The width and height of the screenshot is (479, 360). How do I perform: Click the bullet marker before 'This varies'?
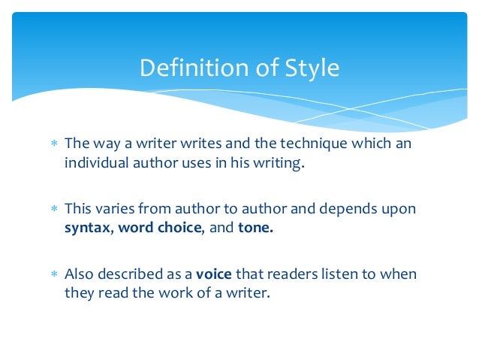(52, 209)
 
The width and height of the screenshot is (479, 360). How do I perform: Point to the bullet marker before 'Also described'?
(52, 274)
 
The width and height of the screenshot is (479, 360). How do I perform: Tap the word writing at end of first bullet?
(279, 163)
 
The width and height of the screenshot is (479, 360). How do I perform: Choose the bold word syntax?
(88, 228)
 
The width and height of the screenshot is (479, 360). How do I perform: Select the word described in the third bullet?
(131, 274)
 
